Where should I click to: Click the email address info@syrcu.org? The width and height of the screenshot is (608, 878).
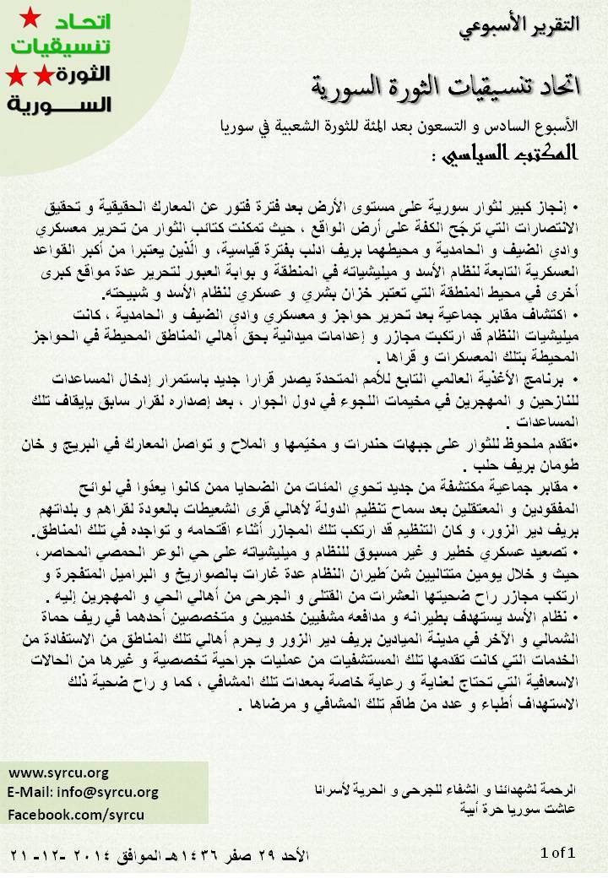[x=83, y=793]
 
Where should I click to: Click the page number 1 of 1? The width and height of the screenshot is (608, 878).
[x=557, y=854]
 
